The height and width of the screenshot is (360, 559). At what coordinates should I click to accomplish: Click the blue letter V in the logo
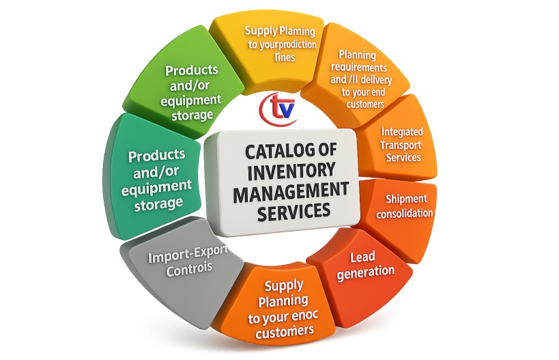pyautogui.click(x=287, y=108)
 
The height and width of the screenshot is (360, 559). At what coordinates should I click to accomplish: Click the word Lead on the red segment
pyautogui.click(x=362, y=258)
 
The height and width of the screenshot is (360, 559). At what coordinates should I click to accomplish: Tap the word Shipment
pyautogui.click(x=406, y=199)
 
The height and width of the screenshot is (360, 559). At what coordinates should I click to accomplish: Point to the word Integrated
pyautogui.click(x=402, y=132)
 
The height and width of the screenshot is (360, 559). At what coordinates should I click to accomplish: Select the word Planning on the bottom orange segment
pyautogui.click(x=286, y=301)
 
